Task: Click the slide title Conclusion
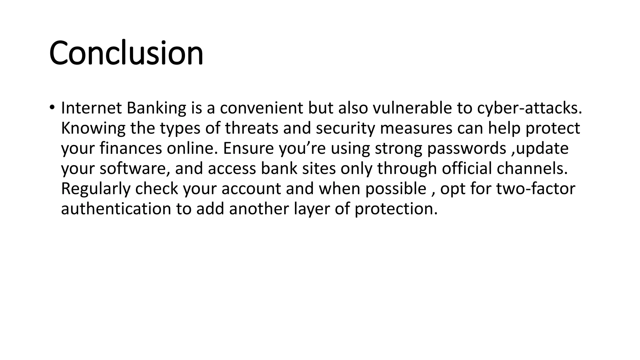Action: click(126, 53)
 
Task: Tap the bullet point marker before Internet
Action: click(52, 107)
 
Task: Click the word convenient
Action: click(261, 108)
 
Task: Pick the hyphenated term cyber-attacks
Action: click(529, 108)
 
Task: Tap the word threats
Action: click(252, 128)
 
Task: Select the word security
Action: click(345, 129)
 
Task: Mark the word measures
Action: click(416, 129)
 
